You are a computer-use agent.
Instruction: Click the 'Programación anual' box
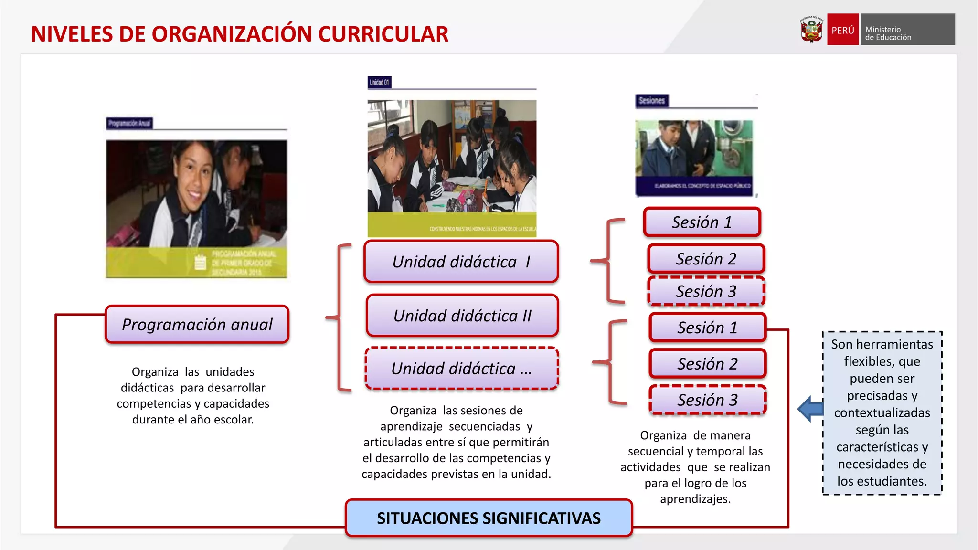197,325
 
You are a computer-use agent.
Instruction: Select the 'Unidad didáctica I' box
461,262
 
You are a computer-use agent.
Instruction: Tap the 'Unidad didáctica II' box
462,316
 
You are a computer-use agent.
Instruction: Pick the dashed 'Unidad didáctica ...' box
461,369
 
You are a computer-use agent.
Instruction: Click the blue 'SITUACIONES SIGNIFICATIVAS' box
489,518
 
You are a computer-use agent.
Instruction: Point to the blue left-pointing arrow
810,409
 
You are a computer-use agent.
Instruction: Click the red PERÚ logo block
843,30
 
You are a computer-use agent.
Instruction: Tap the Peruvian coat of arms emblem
811,30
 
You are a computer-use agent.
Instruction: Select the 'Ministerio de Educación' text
888,33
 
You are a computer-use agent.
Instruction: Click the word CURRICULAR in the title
383,34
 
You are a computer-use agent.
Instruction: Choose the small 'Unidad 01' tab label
379,83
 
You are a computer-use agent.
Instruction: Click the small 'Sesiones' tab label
651,101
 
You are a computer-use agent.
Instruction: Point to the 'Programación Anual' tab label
129,123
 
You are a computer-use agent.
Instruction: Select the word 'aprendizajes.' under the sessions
695,499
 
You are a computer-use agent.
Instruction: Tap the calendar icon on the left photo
200,262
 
